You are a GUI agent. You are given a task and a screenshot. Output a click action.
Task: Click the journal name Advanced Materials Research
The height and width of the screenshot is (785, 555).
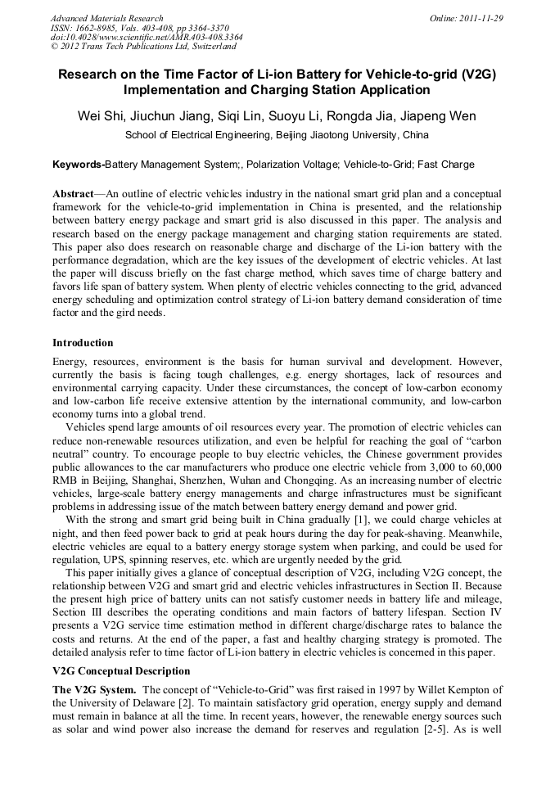coord(106,18)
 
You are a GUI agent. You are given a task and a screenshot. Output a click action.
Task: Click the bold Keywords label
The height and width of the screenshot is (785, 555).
coord(79,165)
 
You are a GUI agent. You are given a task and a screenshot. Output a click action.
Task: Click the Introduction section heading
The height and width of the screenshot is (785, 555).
coord(83,342)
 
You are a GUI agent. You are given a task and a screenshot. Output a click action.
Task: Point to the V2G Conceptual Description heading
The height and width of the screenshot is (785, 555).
coord(121,670)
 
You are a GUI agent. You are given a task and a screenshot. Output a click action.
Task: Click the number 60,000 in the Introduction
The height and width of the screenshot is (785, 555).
coord(483,466)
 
